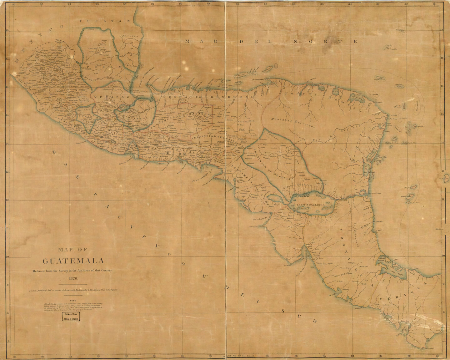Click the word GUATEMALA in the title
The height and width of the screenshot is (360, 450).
pos(73,261)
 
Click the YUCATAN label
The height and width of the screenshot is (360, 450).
pos(104,21)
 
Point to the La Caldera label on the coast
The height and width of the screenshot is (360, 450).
pos(332,295)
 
